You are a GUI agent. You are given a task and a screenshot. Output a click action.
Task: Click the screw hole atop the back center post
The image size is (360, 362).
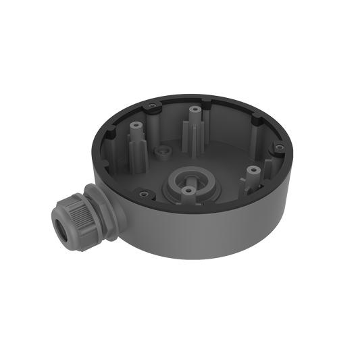coord(195,107)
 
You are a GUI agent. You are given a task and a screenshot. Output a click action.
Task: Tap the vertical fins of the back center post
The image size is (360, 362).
coord(195,132)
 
